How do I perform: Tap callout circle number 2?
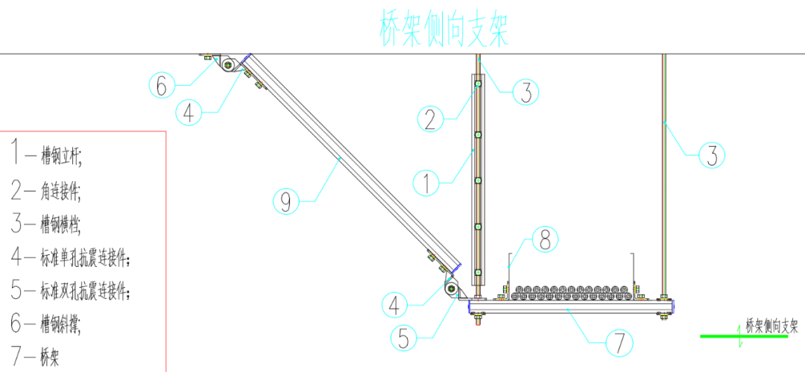[430, 119]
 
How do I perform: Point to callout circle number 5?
[404, 338]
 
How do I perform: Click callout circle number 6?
[162, 86]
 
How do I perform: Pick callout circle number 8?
[543, 239]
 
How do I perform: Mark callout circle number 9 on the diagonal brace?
[286, 200]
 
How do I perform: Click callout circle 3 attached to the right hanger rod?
[712, 157]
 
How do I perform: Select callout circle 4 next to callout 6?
[189, 113]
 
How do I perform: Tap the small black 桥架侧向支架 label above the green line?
[772, 326]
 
